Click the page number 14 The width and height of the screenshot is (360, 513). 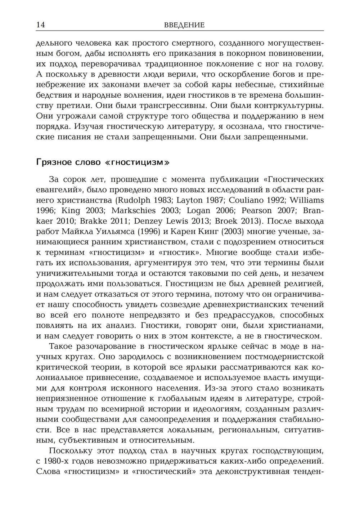(40, 25)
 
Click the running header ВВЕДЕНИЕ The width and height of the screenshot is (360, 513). (184, 25)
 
